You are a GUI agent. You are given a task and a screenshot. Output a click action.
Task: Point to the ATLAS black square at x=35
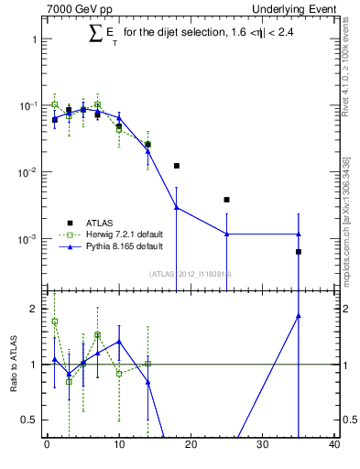pyautogui.click(x=299, y=251)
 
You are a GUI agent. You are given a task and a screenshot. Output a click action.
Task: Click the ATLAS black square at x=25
pyautogui.click(x=226, y=200)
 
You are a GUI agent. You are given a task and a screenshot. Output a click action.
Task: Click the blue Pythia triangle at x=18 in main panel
pyautogui.click(x=176, y=208)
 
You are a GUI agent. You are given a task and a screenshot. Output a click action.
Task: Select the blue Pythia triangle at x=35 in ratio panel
pyautogui.click(x=299, y=316)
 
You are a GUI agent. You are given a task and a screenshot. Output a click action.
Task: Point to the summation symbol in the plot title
pyautogui.click(x=94, y=34)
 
